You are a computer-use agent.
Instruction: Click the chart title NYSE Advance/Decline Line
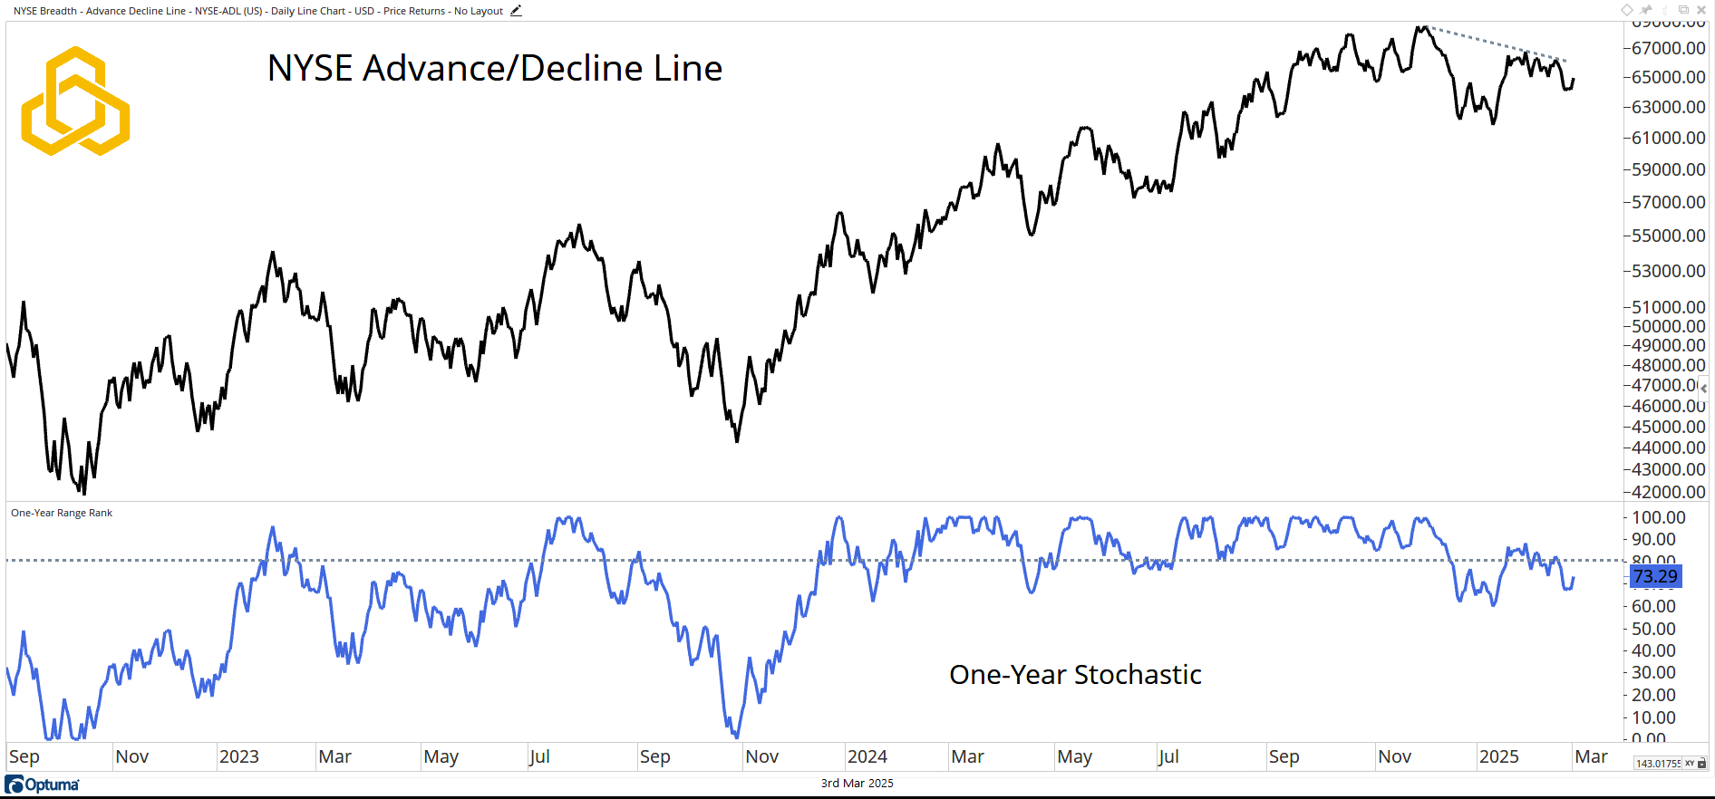[495, 69]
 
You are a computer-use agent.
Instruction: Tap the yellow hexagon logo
[75, 101]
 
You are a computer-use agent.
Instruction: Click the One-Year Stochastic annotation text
[1075, 675]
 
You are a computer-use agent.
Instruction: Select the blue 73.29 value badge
[1655, 576]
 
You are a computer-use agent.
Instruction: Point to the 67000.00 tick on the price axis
[1668, 48]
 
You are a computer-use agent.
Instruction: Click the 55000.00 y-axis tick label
[1668, 236]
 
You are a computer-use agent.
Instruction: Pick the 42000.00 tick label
[1668, 492]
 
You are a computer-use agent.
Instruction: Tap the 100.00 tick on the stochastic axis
[1659, 517]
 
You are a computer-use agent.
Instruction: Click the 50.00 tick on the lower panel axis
[1653, 629]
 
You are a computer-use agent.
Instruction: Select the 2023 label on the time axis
[239, 756]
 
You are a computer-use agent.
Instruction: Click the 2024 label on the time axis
[867, 756]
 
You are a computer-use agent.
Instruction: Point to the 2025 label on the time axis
[1499, 756]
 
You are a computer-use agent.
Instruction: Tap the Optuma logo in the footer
[43, 785]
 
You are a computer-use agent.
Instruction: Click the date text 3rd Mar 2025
[857, 784]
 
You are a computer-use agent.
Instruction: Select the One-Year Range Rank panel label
[62, 513]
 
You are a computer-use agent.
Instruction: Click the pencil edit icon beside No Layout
[516, 11]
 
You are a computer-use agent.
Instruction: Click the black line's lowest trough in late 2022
[84, 492]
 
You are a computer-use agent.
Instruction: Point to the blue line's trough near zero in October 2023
[736, 736]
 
